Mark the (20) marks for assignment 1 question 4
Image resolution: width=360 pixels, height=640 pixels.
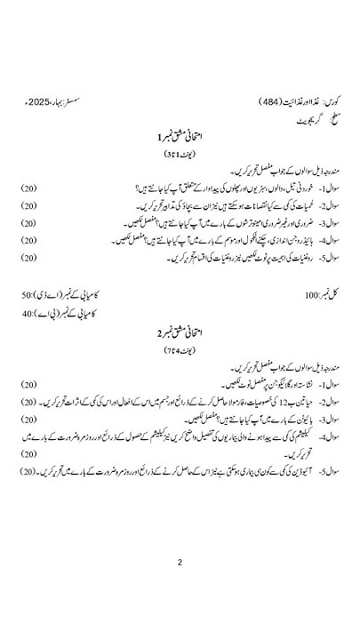(29, 240)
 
